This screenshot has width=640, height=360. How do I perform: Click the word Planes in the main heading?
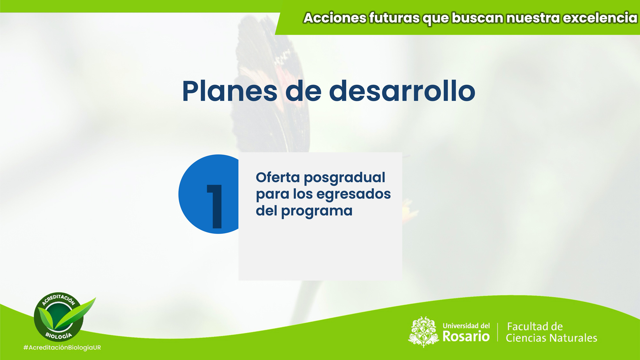(x=230, y=92)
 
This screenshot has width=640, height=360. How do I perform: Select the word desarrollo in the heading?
(x=402, y=92)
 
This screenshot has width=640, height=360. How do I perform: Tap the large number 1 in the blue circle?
(x=215, y=206)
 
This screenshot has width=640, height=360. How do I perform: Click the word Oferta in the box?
(x=278, y=177)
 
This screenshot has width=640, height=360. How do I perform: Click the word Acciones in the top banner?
(x=335, y=18)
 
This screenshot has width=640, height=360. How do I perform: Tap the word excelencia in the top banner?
(x=600, y=18)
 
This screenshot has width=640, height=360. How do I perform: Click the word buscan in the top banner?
(x=477, y=18)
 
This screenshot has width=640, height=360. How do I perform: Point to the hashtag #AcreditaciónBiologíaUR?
(x=62, y=348)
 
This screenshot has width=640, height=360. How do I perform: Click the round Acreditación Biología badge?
(x=59, y=317)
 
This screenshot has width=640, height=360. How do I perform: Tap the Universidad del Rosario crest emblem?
(x=423, y=332)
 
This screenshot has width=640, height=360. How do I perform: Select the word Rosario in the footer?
(x=466, y=337)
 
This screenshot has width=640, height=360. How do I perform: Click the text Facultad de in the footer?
(x=535, y=327)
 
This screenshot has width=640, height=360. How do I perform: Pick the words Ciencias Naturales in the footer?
(x=551, y=338)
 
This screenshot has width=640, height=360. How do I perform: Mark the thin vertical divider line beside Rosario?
(x=498, y=332)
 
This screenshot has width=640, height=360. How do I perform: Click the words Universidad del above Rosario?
(x=466, y=326)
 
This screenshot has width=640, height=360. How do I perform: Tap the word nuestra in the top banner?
(x=533, y=18)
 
